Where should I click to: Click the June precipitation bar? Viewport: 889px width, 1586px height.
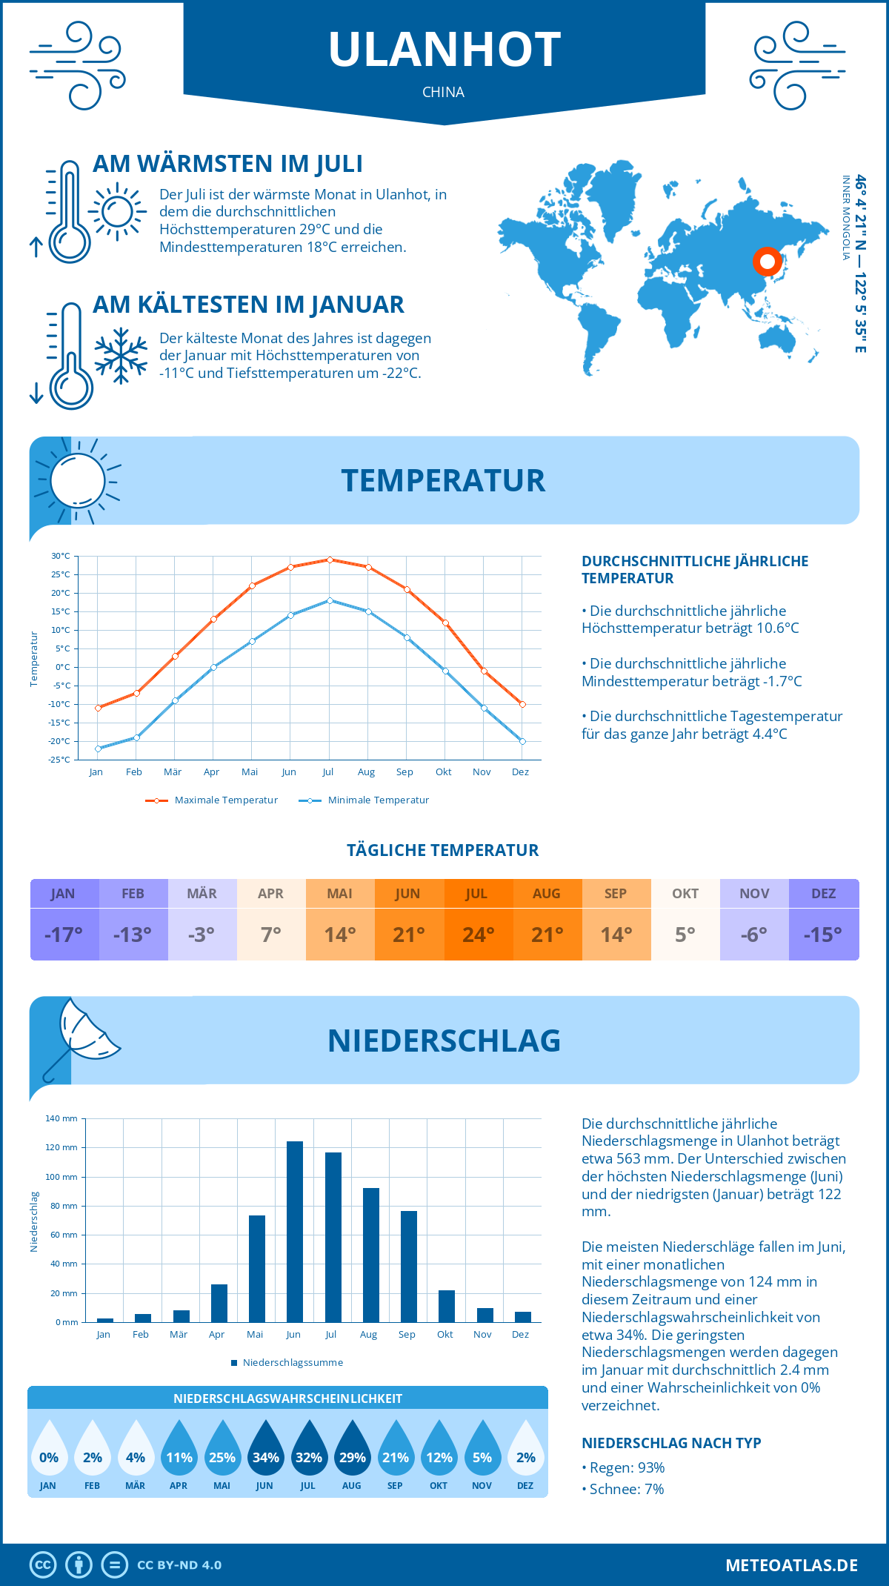pyautogui.click(x=295, y=1232)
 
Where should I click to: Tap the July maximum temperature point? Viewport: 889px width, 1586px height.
pyautogui.click(x=330, y=560)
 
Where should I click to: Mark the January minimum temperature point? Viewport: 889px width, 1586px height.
pyautogui.click(x=98, y=749)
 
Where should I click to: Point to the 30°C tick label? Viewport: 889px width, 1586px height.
pyautogui.click(x=61, y=556)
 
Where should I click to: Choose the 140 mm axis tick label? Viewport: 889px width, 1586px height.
pyautogui.click(x=61, y=1118)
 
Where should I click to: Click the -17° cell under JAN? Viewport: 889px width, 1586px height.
pyautogui.click(x=64, y=935)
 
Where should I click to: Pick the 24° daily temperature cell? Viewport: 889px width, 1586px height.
pyautogui.click(x=478, y=935)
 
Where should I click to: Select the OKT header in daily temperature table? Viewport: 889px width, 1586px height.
pyautogui.click(x=685, y=894)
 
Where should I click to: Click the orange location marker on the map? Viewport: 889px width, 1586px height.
pyautogui.click(x=768, y=261)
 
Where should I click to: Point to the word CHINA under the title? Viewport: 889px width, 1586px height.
pyautogui.click(x=443, y=93)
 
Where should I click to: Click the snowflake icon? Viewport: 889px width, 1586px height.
pyautogui.click(x=121, y=356)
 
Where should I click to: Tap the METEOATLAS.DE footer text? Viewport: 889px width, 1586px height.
pyautogui.click(x=791, y=1565)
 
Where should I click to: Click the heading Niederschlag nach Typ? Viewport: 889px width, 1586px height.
pyautogui.click(x=671, y=1443)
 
